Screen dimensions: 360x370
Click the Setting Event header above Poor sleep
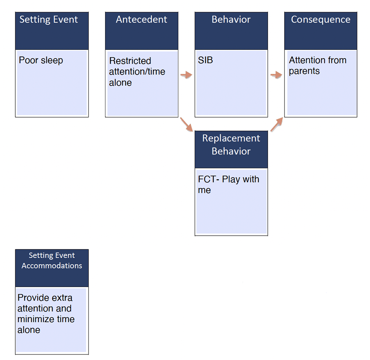click(49, 20)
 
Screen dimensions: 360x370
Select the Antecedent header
click(141, 20)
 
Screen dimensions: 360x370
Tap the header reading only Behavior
click(231, 20)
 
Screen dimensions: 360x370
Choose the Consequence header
click(321, 20)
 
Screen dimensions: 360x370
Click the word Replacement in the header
click(231, 138)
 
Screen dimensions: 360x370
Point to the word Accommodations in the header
click(52, 265)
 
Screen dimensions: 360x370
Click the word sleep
click(53, 61)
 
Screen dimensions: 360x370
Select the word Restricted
click(130, 61)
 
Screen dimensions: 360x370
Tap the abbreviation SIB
click(206, 61)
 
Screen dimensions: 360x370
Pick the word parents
click(304, 71)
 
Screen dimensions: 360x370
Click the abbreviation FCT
click(207, 179)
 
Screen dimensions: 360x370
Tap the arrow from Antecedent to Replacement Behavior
click(186, 124)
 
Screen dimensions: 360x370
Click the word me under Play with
click(205, 190)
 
